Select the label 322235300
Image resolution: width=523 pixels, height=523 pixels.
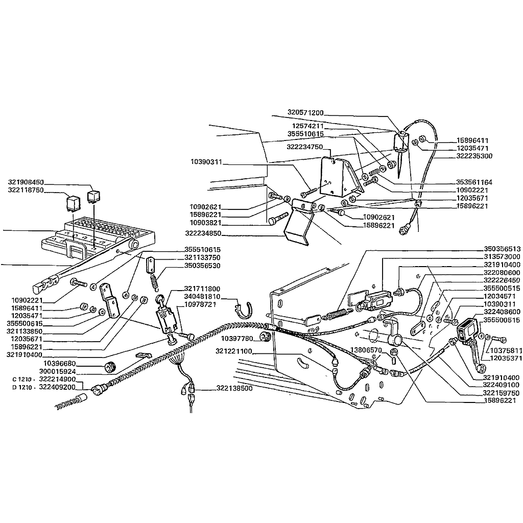tap(474, 156)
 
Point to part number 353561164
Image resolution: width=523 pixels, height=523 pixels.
tap(474, 182)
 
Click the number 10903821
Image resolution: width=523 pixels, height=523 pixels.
tap(206, 223)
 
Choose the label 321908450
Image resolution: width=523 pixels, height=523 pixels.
tap(26, 182)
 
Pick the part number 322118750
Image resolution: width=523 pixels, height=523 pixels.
tap(26, 189)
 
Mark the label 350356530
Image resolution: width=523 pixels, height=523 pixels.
tap(202, 266)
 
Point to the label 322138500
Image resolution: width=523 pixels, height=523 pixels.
tap(234, 389)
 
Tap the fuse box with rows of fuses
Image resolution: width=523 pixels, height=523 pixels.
tap(100, 235)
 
